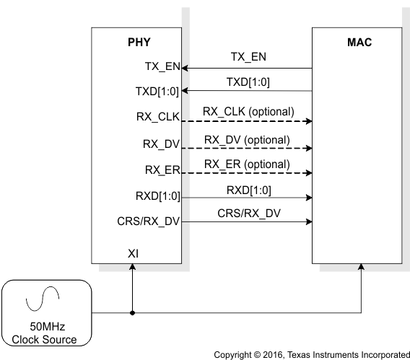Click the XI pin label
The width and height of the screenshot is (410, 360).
coord(133,253)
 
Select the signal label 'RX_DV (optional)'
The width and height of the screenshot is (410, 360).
coord(247,139)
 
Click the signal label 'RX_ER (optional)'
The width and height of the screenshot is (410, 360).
coord(247,165)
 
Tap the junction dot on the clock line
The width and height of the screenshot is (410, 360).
coord(132,313)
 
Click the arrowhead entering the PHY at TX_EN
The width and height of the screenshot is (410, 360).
coord(184,69)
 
